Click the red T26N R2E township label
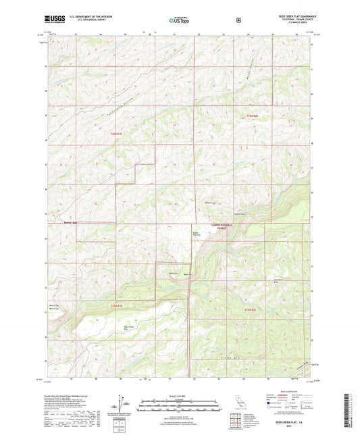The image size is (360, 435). (251, 117)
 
